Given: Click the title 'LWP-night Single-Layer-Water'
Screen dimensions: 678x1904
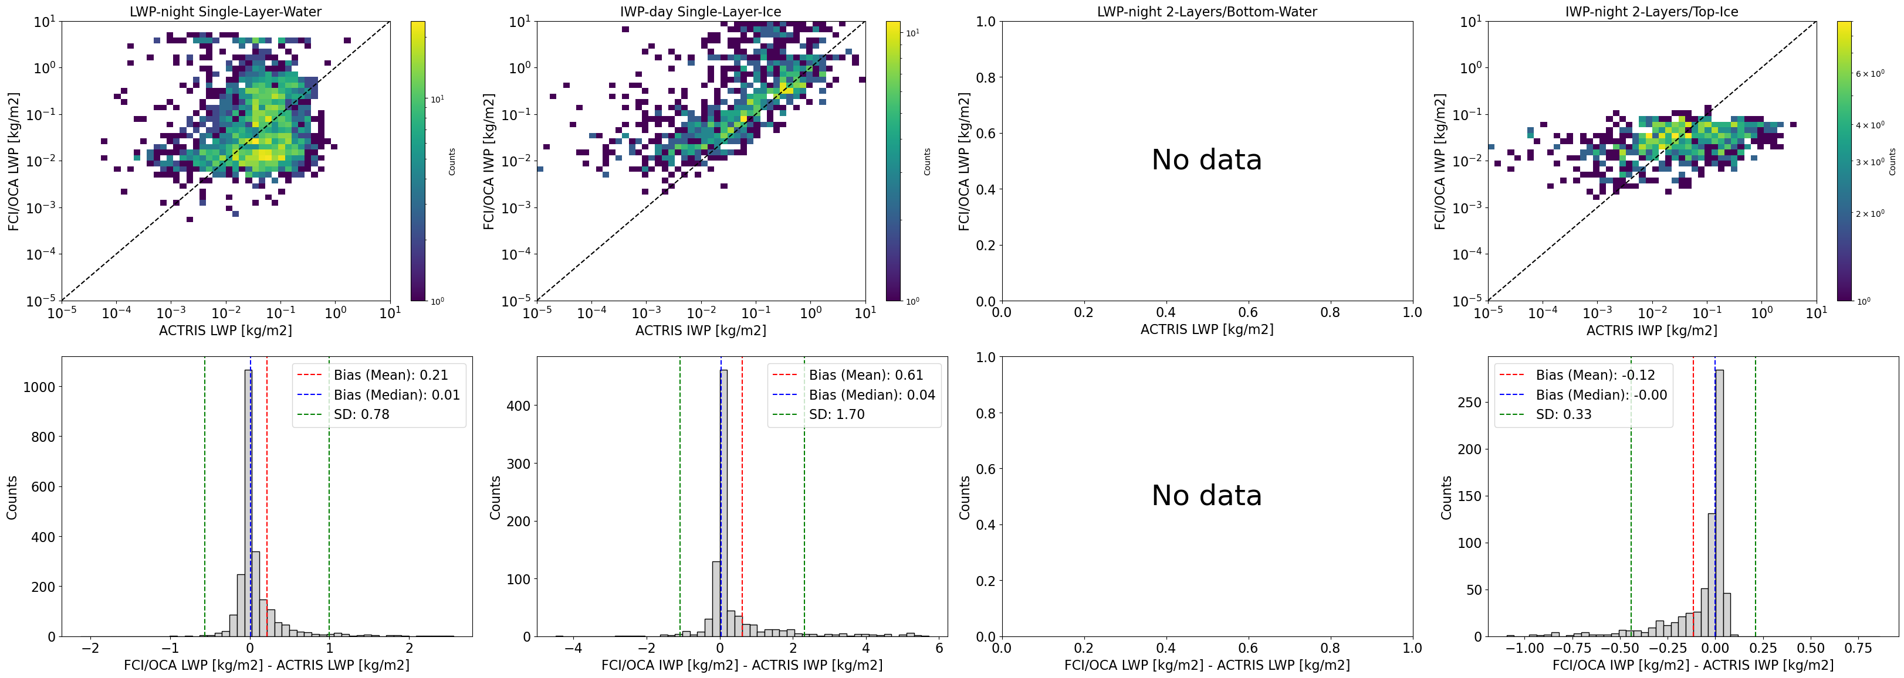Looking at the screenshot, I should (225, 12).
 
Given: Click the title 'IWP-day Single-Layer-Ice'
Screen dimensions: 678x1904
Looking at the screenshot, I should (700, 12).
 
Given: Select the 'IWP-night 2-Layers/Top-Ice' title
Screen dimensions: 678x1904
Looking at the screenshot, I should (1651, 12).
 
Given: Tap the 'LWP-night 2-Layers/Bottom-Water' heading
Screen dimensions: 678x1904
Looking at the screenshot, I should (1206, 12).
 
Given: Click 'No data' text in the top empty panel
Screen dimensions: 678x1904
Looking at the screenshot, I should (1206, 160).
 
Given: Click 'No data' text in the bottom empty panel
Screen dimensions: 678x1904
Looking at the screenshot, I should (1206, 496).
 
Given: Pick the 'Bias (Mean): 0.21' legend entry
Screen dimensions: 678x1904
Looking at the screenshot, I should (390, 375).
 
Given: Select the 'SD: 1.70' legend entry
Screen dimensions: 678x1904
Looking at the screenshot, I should (836, 414).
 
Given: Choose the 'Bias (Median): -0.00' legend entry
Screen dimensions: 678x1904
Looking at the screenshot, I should (1601, 395).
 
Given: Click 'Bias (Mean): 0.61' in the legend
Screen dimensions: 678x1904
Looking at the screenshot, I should (865, 375).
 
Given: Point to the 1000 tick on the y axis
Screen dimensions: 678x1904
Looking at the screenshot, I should (39, 387).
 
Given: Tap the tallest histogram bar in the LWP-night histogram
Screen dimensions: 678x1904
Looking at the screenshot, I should (248, 502).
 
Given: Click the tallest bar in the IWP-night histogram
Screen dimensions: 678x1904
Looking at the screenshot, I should (1719, 502).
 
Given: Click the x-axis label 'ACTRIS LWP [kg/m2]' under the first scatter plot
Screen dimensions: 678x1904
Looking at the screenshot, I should (225, 330).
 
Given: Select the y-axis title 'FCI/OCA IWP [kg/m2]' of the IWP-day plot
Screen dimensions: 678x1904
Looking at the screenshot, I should (489, 161).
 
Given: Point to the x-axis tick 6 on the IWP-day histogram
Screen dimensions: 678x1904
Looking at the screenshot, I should (939, 649).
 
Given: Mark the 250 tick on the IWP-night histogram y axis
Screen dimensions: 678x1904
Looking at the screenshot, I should (1469, 403).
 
